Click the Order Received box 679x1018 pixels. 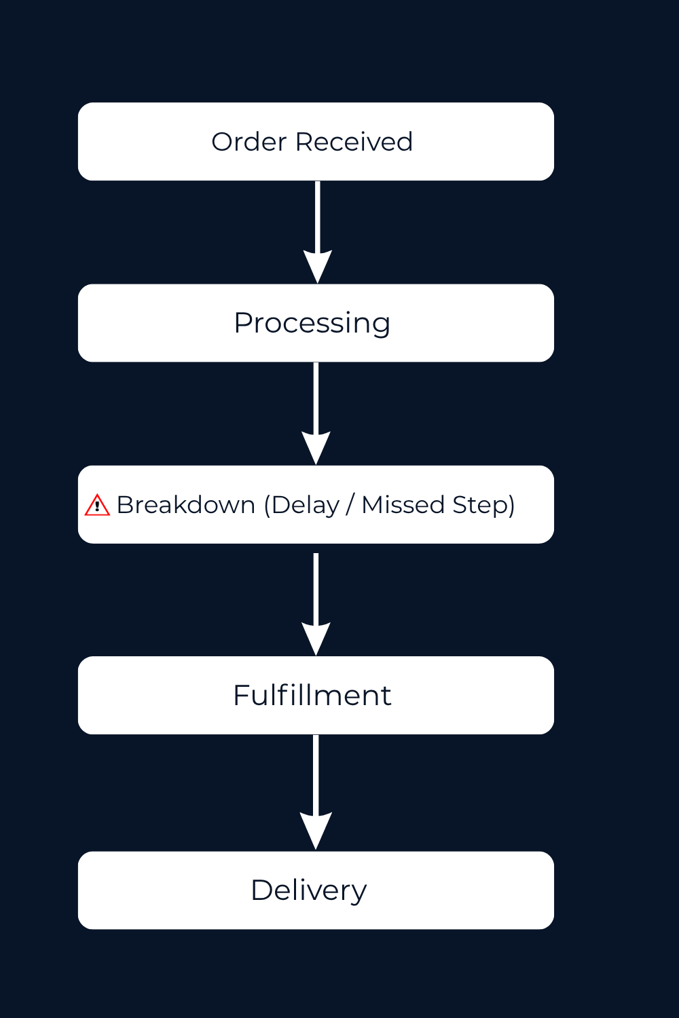pyautogui.click(x=316, y=141)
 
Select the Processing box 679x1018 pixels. pyautogui.click(x=316, y=323)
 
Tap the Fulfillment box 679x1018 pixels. pyautogui.click(x=316, y=695)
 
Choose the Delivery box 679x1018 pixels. pyautogui.click(x=316, y=890)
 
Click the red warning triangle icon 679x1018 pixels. pyautogui.click(x=97, y=506)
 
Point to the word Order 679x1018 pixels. pyautogui.click(x=249, y=142)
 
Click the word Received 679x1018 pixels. pyautogui.click(x=354, y=142)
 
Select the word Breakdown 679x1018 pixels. pyautogui.click(x=186, y=505)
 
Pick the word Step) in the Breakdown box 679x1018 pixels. pyautogui.click(x=483, y=505)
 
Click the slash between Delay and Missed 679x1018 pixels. pyautogui.click(x=350, y=505)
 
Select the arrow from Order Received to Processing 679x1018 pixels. pyautogui.click(x=317, y=224)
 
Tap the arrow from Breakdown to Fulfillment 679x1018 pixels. pyautogui.click(x=316, y=597)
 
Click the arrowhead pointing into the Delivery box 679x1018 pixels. pyautogui.click(x=316, y=829)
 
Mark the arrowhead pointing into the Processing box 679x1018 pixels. pyautogui.click(x=317, y=265)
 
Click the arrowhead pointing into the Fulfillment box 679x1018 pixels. pyautogui.click(x=316, y=638)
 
